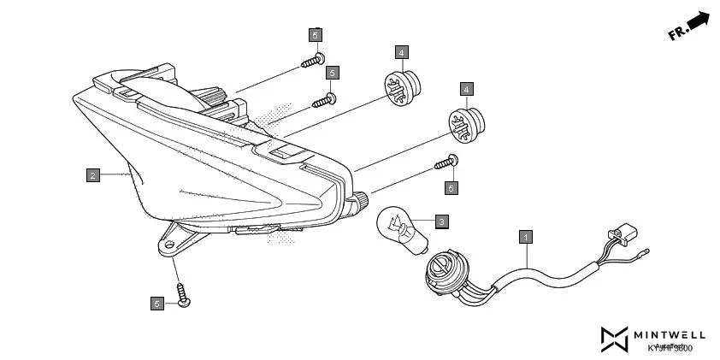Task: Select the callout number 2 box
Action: click(92, 175)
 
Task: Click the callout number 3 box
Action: click(441, 222)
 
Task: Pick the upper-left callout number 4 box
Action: click(402, 50)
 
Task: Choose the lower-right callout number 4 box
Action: click(466, 89)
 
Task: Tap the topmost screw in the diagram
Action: click(311, 61)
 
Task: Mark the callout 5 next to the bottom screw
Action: click(156, 303)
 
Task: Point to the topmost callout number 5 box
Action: click(316, 35)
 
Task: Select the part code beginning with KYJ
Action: click(670, 348)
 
